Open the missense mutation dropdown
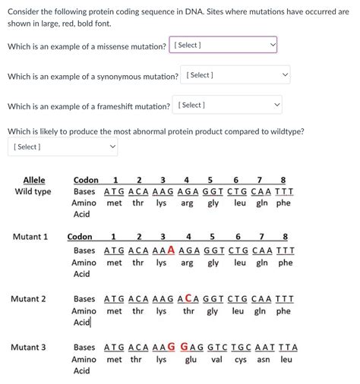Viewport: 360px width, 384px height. tap(223, 46)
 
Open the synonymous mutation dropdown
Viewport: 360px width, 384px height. tap(235, 75)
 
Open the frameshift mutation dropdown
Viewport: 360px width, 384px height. tap(229, 105)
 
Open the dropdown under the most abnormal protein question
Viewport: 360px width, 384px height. tap(63, 146)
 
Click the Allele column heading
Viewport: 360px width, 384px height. tap(34, 180)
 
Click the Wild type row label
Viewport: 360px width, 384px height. tap(33, 191)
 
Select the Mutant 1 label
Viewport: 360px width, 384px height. tap(30, 237)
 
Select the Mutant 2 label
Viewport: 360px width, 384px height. tap(30, 299)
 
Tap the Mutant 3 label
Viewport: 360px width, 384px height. tap(30, 348)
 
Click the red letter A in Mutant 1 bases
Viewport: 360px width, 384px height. tap(171, 250)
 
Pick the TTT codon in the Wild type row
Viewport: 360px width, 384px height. tap(284, 191)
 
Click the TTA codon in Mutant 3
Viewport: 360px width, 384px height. tap(289, 348)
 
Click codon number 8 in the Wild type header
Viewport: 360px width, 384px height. tap(283, 180)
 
